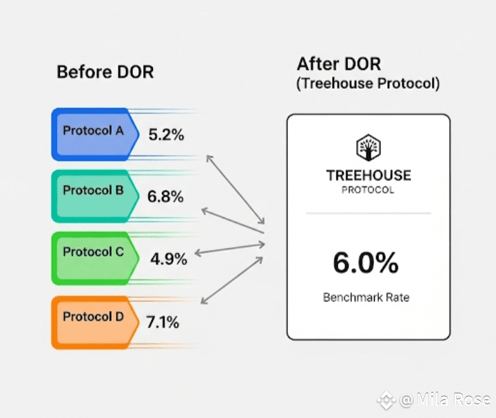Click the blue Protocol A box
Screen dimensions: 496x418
click(95, 134)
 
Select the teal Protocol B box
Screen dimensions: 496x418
click(95, 196)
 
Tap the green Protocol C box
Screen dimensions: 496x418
click(95, 258)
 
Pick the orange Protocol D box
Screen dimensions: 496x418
click(95, 322)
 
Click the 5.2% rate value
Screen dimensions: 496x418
click(166, 135)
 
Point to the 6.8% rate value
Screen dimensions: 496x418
click(165, 196)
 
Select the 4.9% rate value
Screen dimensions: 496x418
click(169, 259)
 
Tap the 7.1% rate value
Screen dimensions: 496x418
click(163, 322)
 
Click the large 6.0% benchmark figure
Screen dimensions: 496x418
click(366, 262)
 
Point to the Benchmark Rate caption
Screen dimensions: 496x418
click(366, 297)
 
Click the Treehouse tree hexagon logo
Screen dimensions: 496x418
click(368, 147)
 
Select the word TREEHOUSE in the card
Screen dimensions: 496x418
click(369, 176)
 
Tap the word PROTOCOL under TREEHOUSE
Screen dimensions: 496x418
click(368, 190)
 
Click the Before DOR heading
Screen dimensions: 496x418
click(105, 72)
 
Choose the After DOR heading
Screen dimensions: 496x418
click(339, 64)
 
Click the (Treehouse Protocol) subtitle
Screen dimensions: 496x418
click(368, 83)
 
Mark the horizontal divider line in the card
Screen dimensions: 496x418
click(369, 213)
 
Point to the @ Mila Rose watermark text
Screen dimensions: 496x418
click(445, 399)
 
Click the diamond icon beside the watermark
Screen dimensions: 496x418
click(386, 400)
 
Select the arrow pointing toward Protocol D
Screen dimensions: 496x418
click(232, 280)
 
